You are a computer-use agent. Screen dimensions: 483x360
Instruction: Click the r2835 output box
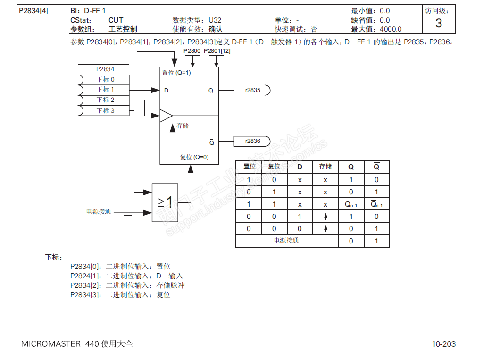point(252,90)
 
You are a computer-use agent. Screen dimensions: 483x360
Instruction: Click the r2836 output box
point(252,141)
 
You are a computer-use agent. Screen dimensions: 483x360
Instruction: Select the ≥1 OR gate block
point(165,202)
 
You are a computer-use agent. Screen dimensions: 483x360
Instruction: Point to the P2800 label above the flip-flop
point(192,51)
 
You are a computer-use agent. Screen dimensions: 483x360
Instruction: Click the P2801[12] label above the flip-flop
point(217,51)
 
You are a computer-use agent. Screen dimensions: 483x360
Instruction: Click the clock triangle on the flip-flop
point(166,116)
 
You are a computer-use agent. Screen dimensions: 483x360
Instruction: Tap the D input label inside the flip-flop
point(167,91)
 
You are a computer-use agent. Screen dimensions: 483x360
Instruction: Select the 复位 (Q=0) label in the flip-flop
point(194,157)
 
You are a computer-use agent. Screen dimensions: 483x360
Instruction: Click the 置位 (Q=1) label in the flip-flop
point(176,73)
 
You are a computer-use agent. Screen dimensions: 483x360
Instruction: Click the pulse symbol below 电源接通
point(128,219)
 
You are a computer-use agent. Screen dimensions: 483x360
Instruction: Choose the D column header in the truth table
point(300,167)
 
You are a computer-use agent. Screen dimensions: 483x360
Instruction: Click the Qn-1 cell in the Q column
point(351,204)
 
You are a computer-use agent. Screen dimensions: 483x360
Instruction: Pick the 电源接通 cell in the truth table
point(286,241)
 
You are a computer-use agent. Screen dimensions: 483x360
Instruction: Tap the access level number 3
point(439,24)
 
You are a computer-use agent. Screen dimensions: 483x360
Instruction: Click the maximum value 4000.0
point(391,29)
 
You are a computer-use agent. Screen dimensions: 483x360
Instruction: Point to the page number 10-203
point(444,344)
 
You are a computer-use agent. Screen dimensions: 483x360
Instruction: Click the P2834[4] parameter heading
point(33,11)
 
